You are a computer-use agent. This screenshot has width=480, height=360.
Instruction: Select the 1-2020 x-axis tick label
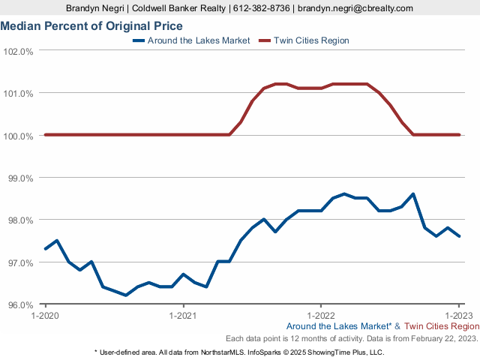(x=45, y=315)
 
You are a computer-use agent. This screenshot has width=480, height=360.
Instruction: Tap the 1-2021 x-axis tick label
(x=183, y=315)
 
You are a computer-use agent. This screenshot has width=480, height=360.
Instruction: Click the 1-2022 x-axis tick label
(x=321, y=315)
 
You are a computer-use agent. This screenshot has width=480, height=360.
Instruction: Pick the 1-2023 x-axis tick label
(x=458, y=315)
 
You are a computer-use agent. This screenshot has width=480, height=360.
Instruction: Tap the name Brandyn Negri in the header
(x=95, y=8)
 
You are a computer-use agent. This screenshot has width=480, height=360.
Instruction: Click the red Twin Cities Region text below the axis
(x=442, y=326)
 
